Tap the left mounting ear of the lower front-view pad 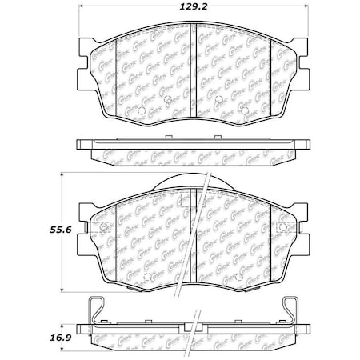(85, 228)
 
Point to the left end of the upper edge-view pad (80, 146)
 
